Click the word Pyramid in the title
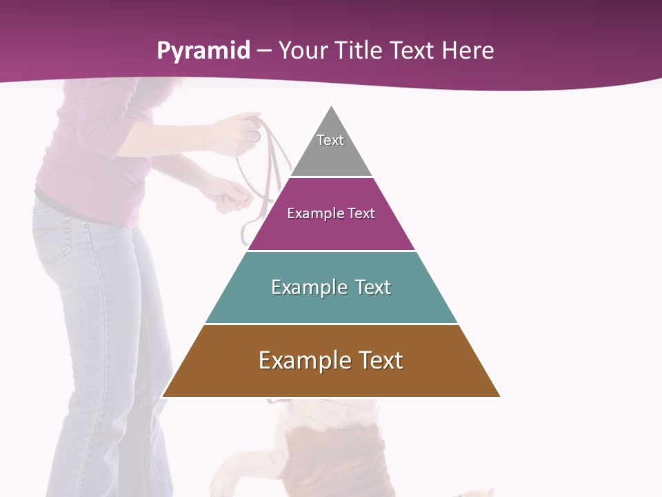click(x=203, y=51)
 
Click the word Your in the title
click(x=303, y=50)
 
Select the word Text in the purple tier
click(x=361, y=213)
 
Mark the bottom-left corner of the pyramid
click(x=163, y=396)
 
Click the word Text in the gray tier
click(x=330, y=140)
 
